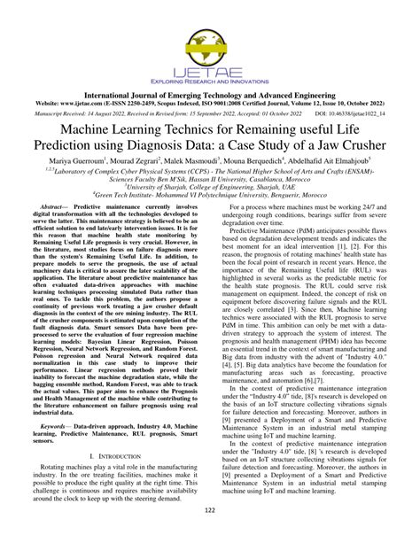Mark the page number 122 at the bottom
pyautogui.click(x=210, y=532)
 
